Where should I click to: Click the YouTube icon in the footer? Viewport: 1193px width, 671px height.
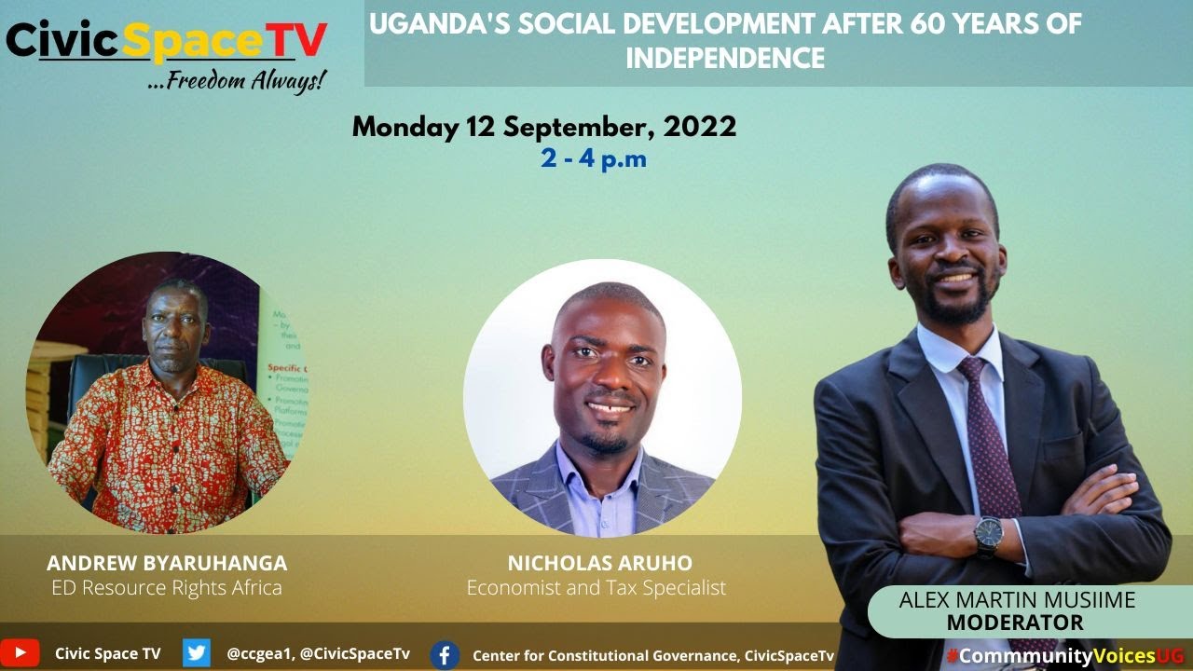point(20,653)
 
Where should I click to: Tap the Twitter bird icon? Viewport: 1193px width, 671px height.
point(197,653)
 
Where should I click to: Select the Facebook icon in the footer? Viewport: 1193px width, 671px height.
point(445,655)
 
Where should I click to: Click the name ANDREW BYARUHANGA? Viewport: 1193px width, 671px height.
point(167,563)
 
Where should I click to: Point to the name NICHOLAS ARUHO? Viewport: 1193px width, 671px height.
point(600,563)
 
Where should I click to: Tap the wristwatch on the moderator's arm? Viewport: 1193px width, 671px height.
point(988,535)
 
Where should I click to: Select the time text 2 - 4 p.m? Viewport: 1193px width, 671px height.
point(594,158)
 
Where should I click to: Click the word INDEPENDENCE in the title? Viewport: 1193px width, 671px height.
point(725,59)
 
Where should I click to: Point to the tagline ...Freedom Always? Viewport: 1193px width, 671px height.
point(238,81)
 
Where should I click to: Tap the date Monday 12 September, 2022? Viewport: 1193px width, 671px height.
point(544,127)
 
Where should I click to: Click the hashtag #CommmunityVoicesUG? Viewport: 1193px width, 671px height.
point(1064,655)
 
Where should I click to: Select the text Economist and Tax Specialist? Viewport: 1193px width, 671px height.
point(596,588)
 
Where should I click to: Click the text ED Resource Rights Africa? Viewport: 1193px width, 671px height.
point(167,588)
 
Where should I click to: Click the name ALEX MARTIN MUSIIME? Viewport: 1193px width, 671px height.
point(1017,600)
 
